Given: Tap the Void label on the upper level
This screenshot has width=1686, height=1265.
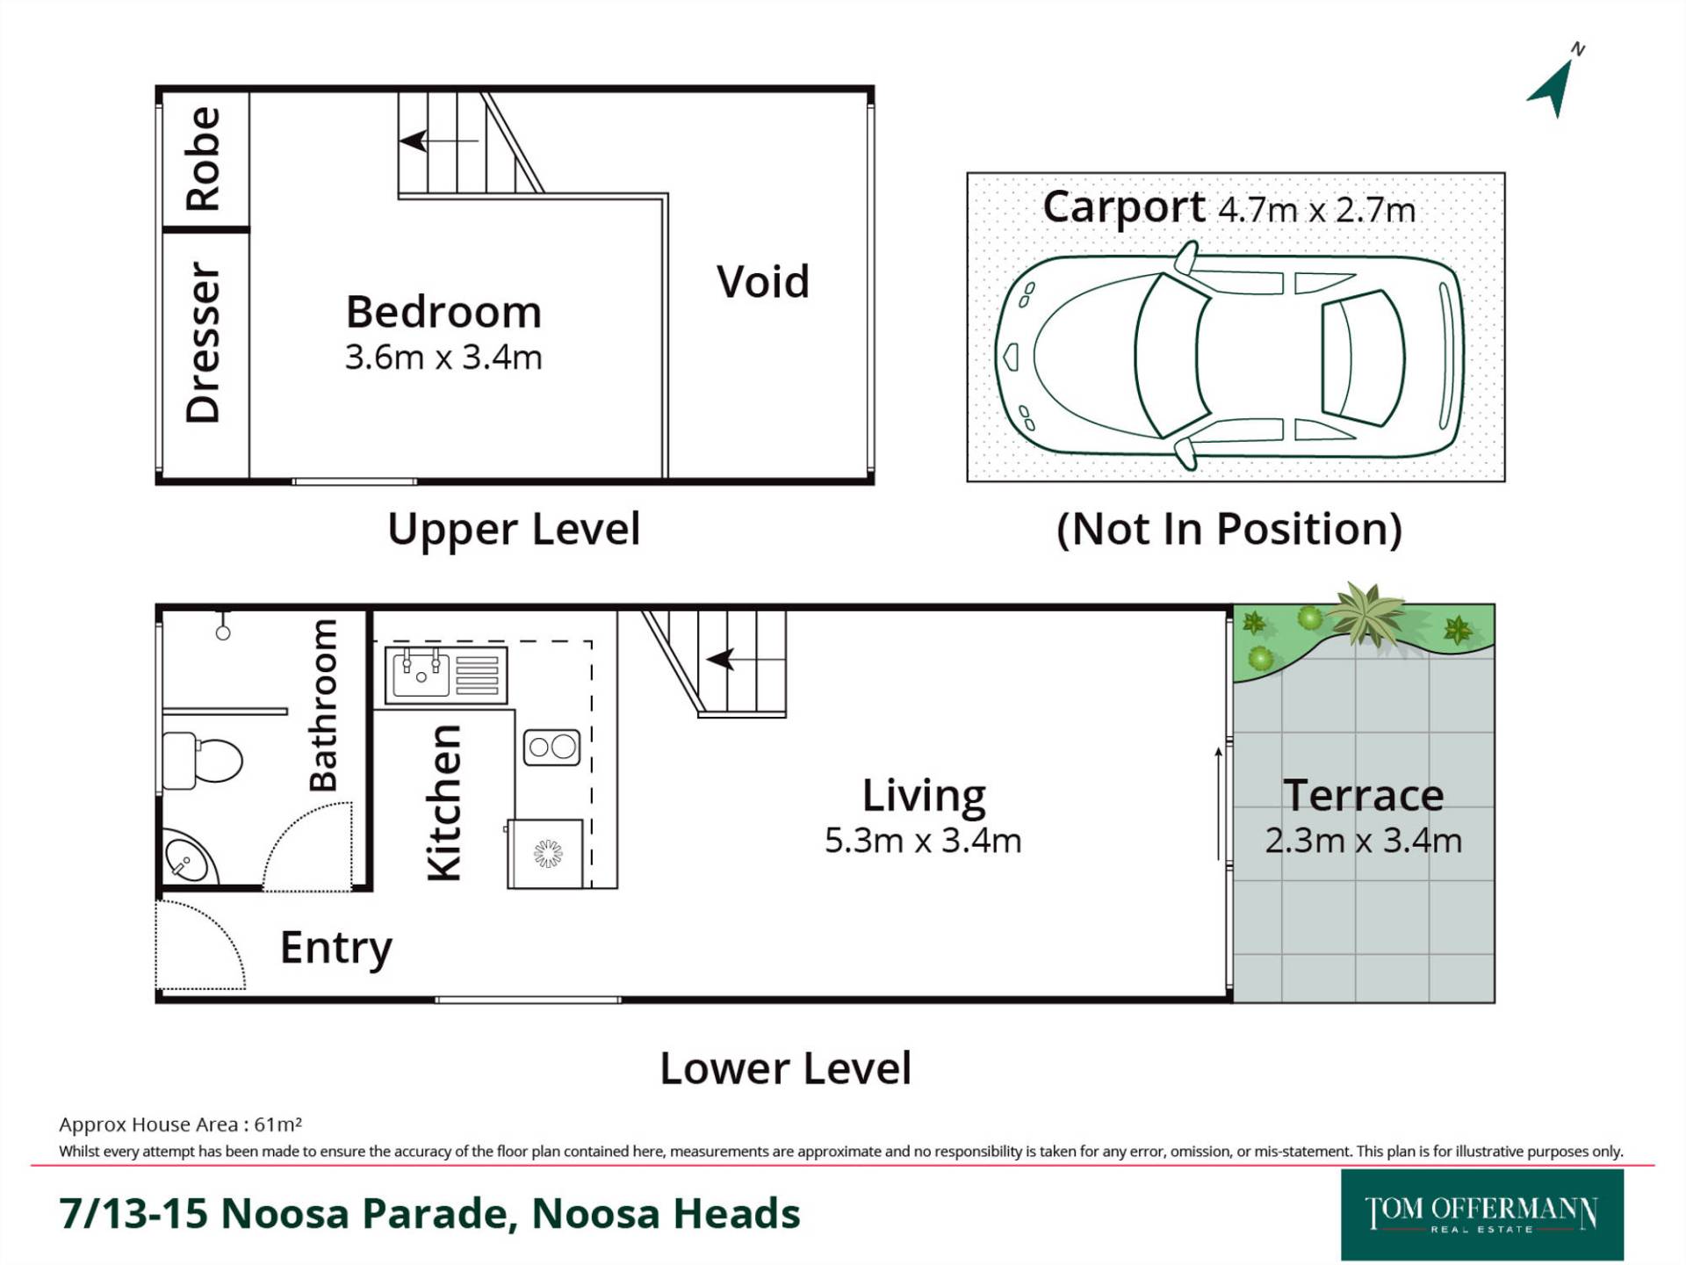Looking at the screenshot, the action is pyautogui.click(x=762, y=282).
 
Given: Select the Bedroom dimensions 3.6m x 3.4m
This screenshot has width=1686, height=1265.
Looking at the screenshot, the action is pyautogui.click(x=443, y=358).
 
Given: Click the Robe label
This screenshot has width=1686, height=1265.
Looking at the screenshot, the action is pyautogui.click(x=203, y=159).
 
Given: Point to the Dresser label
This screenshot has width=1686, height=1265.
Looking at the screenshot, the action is pyautogui.click(x=203, y=342).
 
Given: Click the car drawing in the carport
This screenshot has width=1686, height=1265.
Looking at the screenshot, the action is pyautogui.click(x=1228, y=355).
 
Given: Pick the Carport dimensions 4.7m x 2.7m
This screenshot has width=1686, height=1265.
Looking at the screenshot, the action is pyautogui.click(x=1317, y=210).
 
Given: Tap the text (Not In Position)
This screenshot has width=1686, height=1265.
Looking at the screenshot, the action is pyautogui.click(x=1228, y=529).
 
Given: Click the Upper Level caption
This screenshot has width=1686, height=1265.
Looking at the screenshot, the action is pyautogui.click(x=514, y=529).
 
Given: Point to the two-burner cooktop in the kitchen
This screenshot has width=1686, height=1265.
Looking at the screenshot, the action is pyautogui.click(x=551, y=748).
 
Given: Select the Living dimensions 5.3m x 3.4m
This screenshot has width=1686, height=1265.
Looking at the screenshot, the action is pyautogui.click(x=923, y=841).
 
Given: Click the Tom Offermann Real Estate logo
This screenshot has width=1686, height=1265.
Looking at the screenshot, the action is pyautogui.click(x=1482, y=1215).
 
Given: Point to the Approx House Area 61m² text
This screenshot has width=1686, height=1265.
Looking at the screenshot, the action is pyautogui.click(x=181, y=1124).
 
